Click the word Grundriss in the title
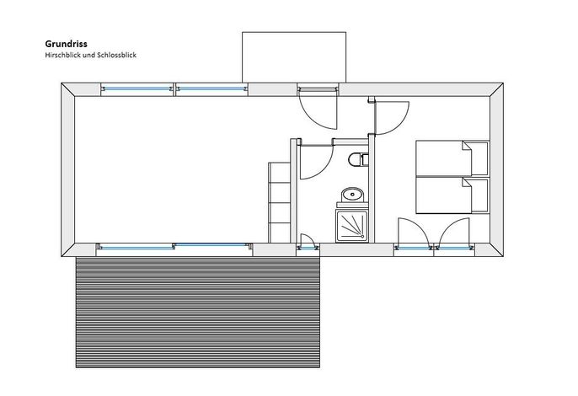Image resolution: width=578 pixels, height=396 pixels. click(x=67, y=44)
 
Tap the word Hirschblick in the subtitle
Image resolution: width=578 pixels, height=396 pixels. click(x=62, y=55)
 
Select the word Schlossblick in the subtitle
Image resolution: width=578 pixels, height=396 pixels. click(x=116, y=55)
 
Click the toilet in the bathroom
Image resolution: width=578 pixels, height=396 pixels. click(x=358, y=159)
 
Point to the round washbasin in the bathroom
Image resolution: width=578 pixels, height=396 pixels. click(x=352, y=195)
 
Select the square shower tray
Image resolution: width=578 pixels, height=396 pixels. click(x=352, y=226)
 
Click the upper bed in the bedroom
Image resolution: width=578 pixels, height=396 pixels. click(x=452, y=158)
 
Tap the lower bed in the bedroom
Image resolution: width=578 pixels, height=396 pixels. click(x=452, y=195)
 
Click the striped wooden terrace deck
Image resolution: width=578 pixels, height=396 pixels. click(x=197, y=312)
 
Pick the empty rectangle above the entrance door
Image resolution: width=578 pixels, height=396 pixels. click(x=294, y=57)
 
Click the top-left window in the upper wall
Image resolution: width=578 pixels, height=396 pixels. click(x=137, y=88)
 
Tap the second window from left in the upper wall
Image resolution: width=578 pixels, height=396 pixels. click(x=211, y=88)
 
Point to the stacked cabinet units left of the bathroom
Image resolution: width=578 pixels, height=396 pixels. click(x=280, y=202)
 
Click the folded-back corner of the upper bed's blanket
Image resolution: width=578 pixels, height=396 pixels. click(x=467, y=146)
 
